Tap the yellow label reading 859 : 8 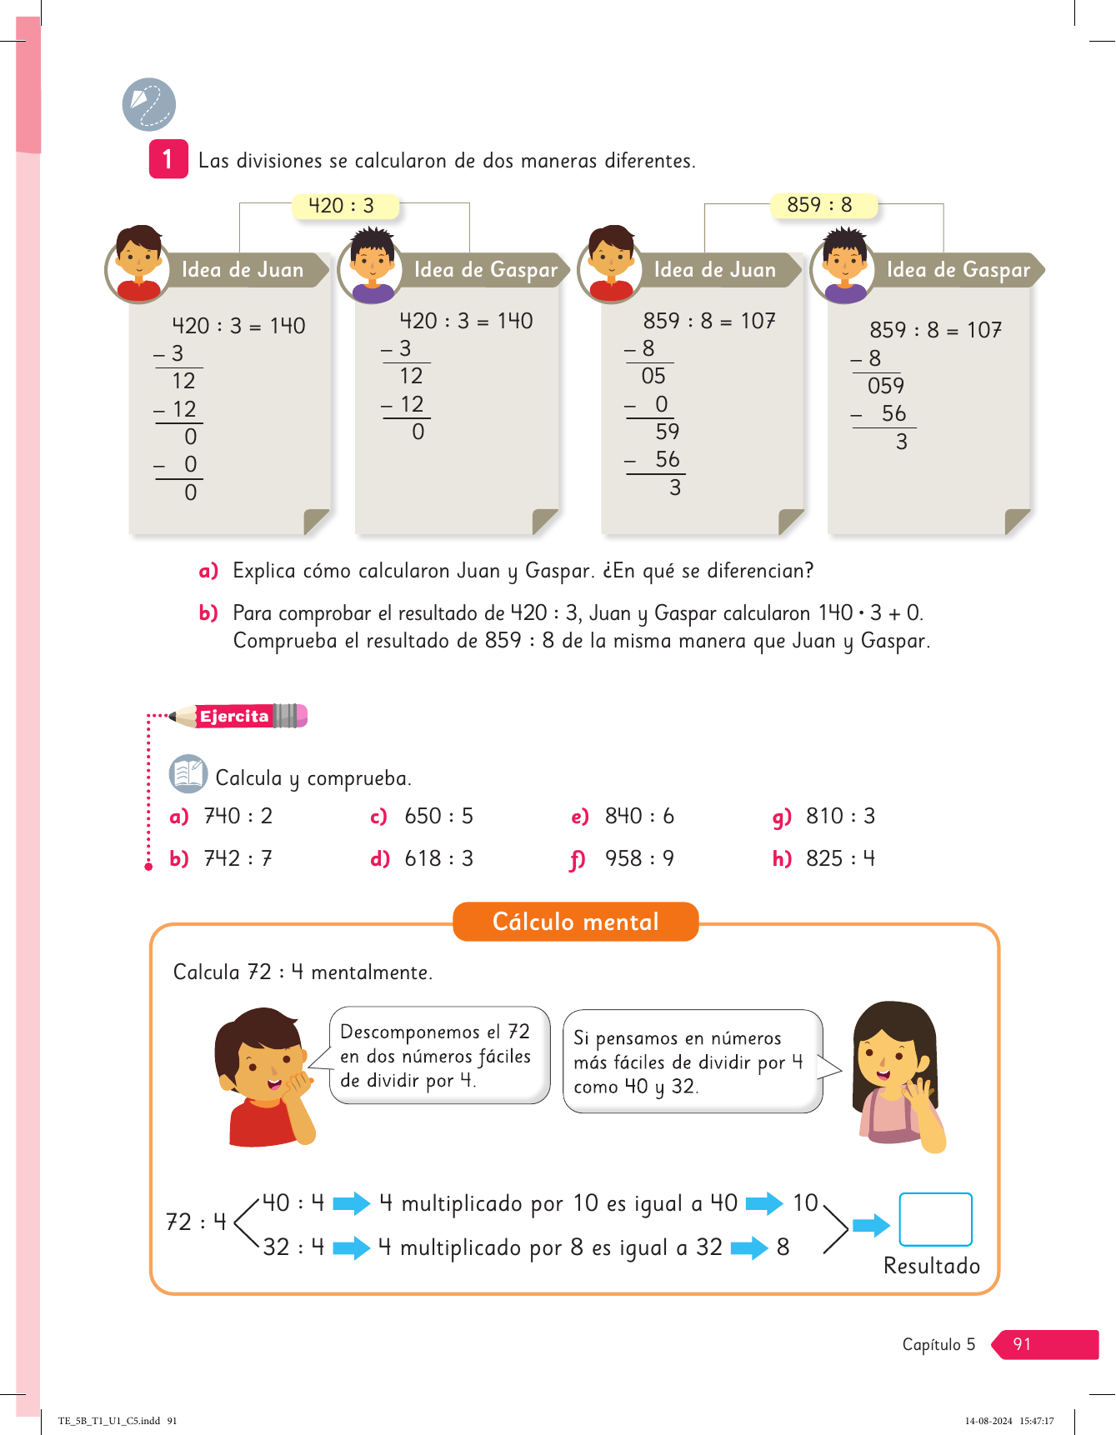pyautogui.click(x=820, y=205)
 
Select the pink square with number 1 pyautogui.click(x=168, y=159)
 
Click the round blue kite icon pyautogui.click(x=149, y=105)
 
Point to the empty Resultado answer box pyautogui.click(x=935, y=1219)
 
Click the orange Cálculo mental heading pyautogui.click(x=575, y=922)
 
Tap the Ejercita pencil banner pyautogui.click(x=238, y=716)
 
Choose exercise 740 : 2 pyautogui.click(x=238, y=816)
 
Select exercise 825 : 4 pyautogui.click(x=839, y=858)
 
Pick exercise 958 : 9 pyautogui.click(x=638, y=858)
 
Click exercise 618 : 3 pyautogui.click(x=438, y=858)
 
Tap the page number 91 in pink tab pyautogui.click(x=1023, y=1344)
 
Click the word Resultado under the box pyautogui.click(x=932, y=1266)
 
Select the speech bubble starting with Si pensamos pyautogui.click(x=692, y=1062)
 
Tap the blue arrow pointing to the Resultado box pyautogui.click(x=871, y=1225)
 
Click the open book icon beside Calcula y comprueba pyautogui.click(x=188, y=774)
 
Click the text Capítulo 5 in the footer pyautogui.click(x=938, y=1344)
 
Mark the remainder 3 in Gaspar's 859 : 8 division pyautogui.click(x=902, y=442)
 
